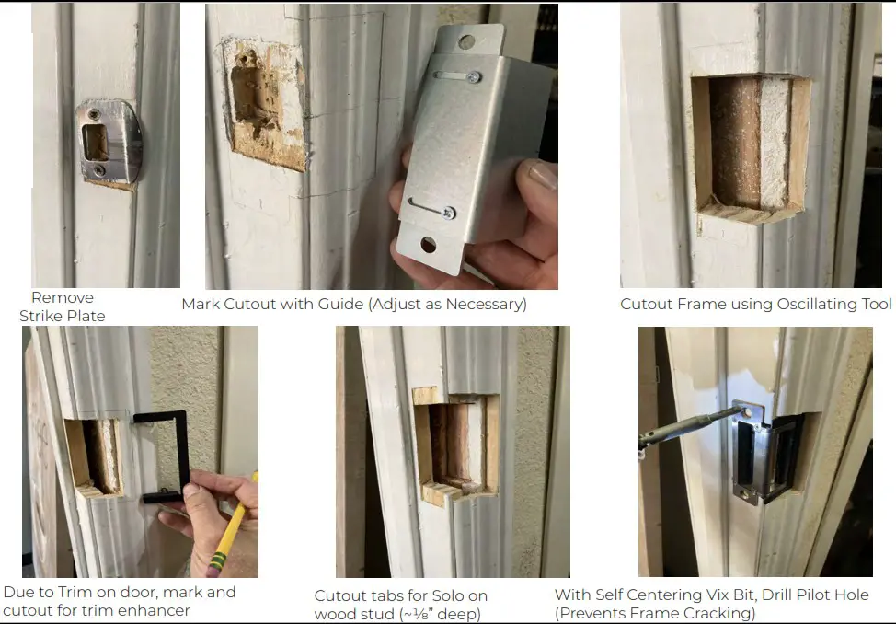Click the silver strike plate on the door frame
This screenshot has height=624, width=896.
click(109, 143)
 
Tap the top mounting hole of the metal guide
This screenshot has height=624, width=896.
click(467, 41)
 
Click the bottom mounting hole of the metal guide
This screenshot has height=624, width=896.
click(429, 244)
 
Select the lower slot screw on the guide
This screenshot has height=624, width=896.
click(447, 213)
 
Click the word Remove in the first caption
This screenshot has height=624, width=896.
click(63, 297)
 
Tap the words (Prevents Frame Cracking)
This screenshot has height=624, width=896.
click(654, 613)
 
